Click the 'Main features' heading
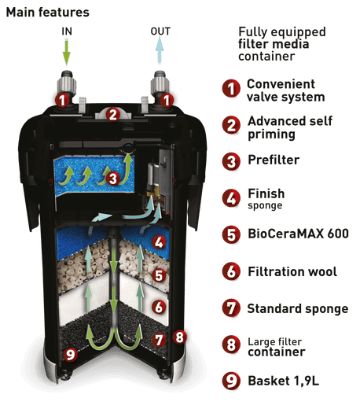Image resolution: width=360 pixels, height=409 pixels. pos(47,13)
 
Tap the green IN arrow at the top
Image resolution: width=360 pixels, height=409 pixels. pos(67,52)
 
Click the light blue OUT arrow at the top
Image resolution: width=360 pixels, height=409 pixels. pos(160,50)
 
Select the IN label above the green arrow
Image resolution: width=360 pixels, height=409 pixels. pos(67,31)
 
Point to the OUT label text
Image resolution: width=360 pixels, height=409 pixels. pos(160,31)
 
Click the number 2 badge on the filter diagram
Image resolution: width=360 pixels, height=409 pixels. pos(113,114)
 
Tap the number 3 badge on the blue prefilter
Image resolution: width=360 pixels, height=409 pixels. pos(113,179)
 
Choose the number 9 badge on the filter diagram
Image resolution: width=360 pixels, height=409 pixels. pos(70,354)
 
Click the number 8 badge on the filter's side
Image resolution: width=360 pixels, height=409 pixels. pos(180,337)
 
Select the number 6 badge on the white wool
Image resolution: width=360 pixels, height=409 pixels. pos(159,307)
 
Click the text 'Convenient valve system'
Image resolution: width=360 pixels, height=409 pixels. pos(285,90)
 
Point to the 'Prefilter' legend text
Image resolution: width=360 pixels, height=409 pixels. pos(274,160)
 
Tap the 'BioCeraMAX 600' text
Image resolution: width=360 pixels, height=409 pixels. pos(298,234)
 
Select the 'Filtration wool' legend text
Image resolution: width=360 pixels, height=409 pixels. pos(292,271)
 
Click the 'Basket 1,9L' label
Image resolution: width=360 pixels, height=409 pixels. pos(283,381)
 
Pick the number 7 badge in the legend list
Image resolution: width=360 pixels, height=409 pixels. pos(231,308)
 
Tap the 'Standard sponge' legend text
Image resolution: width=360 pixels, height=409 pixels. pos(298,308)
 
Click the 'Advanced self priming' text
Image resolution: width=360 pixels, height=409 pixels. pos(290,127)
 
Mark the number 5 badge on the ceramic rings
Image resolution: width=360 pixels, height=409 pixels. pos(159,275)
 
